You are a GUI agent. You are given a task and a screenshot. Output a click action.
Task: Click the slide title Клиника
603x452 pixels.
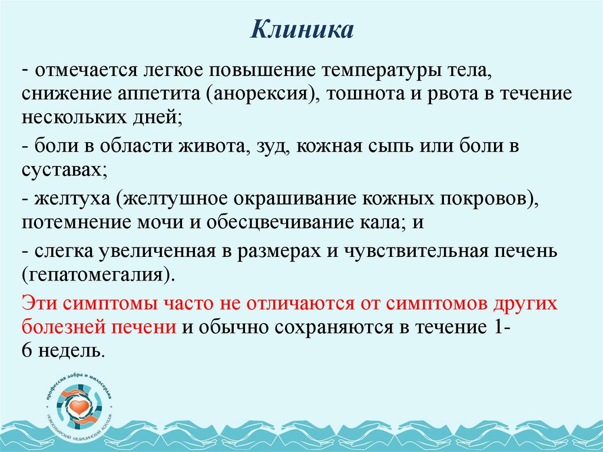(x=301, y=30)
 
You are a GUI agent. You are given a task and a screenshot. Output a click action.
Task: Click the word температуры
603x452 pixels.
(x=377, y=71)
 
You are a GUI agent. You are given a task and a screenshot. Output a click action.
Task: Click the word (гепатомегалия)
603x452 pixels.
(x=99, y=275)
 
